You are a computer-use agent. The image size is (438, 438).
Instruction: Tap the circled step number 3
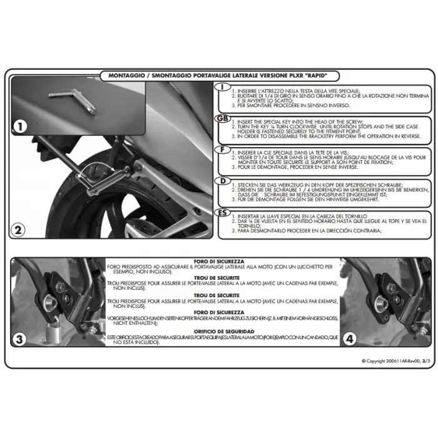(21, 339)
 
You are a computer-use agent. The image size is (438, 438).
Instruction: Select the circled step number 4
(350, 339)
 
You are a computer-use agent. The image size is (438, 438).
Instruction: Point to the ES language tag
(222, 213)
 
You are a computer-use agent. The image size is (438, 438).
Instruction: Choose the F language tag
(222, 150)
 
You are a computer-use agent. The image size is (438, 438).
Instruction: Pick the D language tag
(222, 181)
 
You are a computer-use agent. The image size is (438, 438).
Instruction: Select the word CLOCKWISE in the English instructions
(320, 125)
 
